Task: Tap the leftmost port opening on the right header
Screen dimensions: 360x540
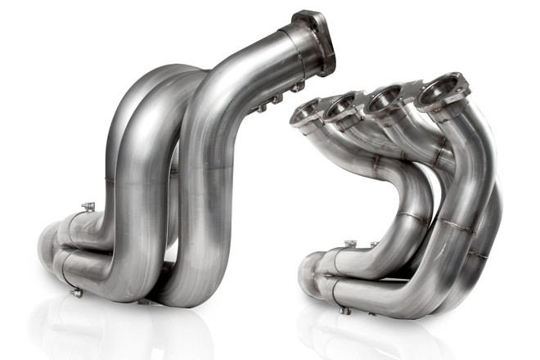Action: [306, 110]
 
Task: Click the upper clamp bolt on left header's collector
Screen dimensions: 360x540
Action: [88, 207]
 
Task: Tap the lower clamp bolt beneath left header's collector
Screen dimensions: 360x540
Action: [78, 291]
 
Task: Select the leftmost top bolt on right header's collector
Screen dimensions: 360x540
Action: [350, 244]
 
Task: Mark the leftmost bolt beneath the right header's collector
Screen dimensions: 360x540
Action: [344, 310]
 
